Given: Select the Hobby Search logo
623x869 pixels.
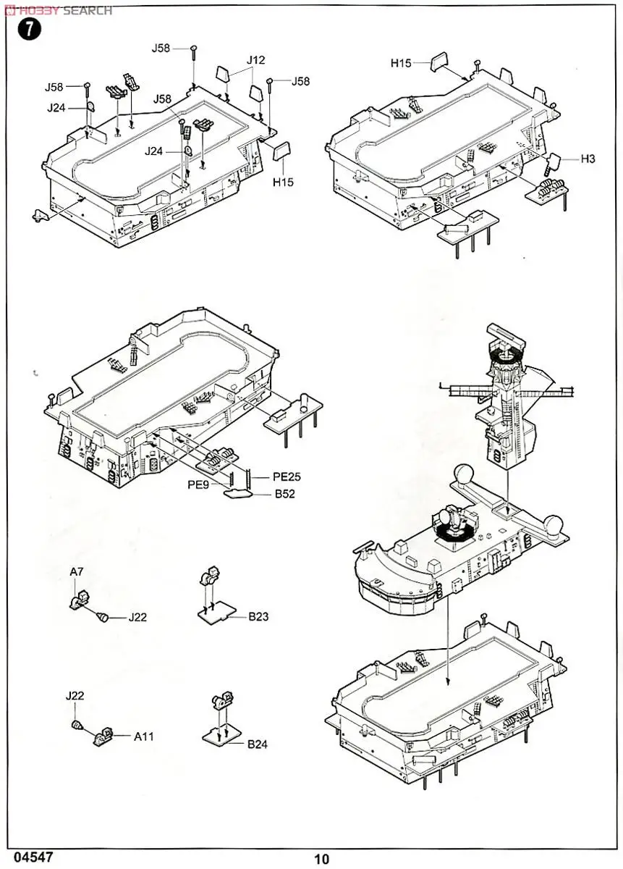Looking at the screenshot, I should [x=58, y=10].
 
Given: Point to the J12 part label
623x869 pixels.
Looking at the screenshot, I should [x=255, y=61].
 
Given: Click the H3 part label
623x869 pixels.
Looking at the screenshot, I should [x=587, y=159].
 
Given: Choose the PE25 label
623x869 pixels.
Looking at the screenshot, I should [x=287, y=477].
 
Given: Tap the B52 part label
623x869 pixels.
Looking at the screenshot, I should [x=284, y=495].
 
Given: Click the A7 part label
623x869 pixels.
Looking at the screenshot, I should [x=77, y=572].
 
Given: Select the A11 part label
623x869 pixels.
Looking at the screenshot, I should [x=143, y=736].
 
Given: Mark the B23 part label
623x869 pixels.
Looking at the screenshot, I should [x=258, y=617].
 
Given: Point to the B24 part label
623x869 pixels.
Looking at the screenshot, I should [x=258, y=744].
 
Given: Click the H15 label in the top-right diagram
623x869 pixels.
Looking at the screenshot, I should [x=401, y=63].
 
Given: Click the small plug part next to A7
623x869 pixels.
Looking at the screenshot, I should [x=104, y=617].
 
